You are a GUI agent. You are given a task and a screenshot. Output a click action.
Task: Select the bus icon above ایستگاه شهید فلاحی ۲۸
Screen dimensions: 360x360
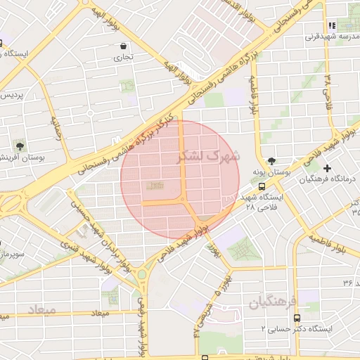(x=262, y=187)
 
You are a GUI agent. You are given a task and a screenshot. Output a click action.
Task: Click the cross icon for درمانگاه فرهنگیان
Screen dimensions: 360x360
(x=327, y=168)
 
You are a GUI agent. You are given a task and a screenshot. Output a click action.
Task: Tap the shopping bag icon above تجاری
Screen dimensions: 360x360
(x=124, y=47)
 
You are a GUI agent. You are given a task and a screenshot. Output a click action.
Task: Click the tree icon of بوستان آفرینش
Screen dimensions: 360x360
(x=19, y=147)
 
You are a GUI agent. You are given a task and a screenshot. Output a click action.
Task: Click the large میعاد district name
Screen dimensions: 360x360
(x=42, y=309)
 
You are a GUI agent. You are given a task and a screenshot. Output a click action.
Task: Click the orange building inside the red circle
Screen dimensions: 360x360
(x=155, y=186)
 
